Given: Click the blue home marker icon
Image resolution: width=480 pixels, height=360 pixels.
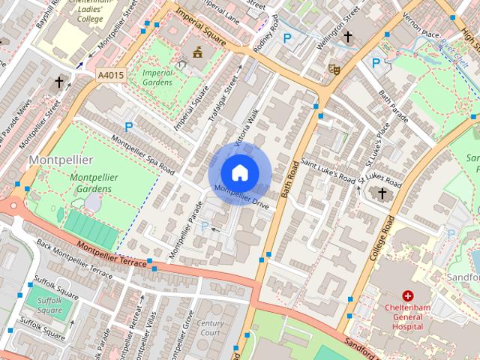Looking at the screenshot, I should click(x=239, y=172).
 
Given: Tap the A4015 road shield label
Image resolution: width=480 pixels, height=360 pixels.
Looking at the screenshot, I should click(x=110, y=75).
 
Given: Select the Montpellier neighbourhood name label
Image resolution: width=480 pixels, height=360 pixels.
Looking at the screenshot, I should click(x=61, y=160).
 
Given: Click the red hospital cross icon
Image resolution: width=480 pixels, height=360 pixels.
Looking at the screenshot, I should click(x=408, y=296).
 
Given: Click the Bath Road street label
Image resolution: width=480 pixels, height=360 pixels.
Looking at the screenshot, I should click(x=294, y=179).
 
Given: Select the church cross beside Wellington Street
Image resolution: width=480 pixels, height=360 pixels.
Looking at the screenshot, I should click(x=347, y=36).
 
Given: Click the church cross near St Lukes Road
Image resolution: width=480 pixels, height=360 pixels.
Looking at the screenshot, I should click(x=382, y=194).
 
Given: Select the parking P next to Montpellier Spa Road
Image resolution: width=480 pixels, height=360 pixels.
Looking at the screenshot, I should click(x=128, y=127).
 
